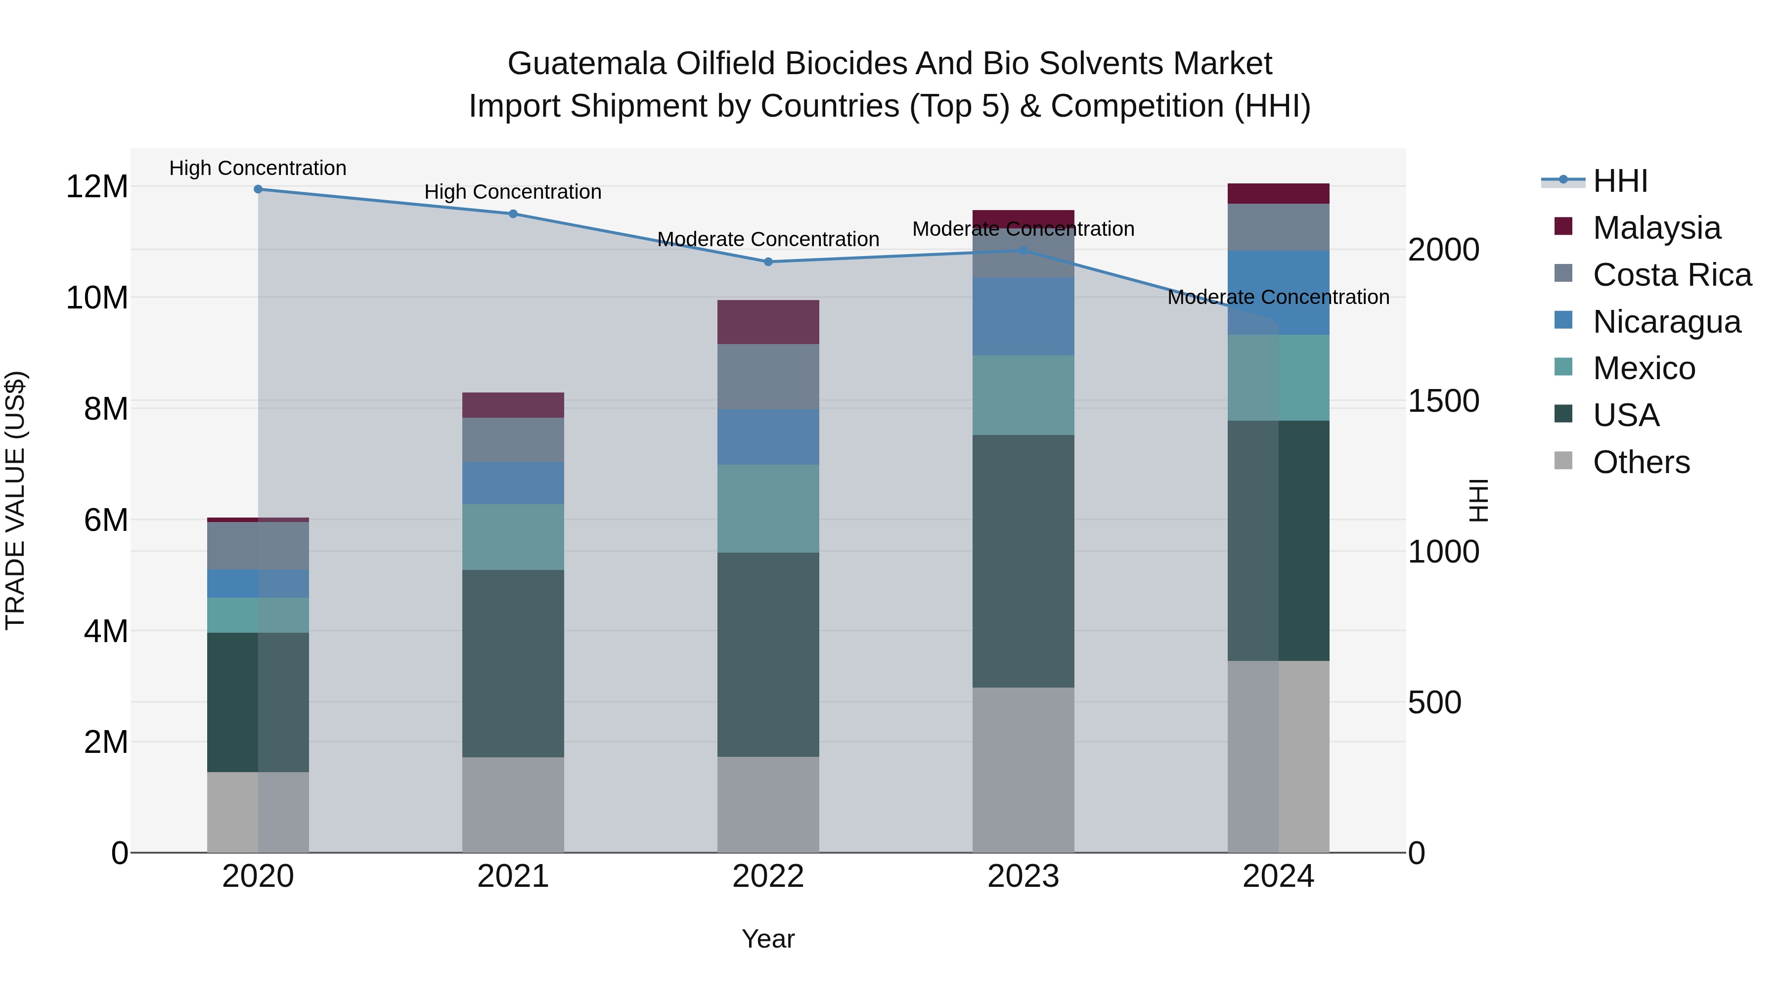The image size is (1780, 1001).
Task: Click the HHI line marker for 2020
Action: pos(258,189)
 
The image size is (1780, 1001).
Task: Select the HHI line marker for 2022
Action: pos(768,262)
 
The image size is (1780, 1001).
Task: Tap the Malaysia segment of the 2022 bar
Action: pos(768,322)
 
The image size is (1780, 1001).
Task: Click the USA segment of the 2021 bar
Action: pos(513,663)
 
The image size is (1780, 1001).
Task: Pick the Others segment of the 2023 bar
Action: pos(1023,770)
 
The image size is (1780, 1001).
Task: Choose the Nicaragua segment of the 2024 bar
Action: pos(1278,293)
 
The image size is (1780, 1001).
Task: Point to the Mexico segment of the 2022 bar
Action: pos(768,509)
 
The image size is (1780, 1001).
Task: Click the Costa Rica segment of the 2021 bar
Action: pos(513,439)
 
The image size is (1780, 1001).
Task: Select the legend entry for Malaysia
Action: pos(1655,228)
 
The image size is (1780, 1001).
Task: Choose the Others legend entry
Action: pos(1641,462)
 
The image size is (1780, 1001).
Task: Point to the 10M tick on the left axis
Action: pos(97,298)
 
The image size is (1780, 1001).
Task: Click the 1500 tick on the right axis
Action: pos(1443,401)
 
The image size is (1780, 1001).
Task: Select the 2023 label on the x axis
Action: pos(1023,876)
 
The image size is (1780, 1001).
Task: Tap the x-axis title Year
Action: pos(768,939)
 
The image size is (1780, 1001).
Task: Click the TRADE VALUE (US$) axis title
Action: pos(16,500)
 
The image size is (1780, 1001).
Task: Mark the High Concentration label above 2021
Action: pos(513,192)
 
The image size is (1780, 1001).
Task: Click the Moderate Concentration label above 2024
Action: pos(1278,298)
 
